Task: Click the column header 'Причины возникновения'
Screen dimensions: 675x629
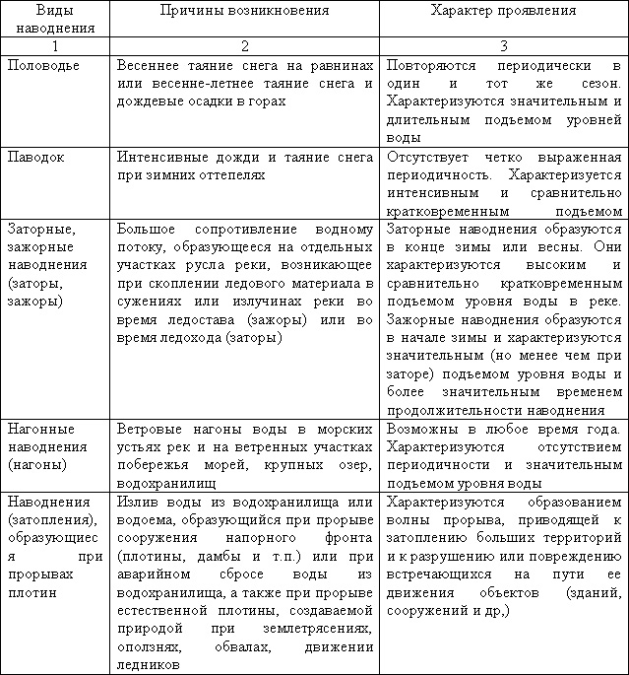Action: [244, 10]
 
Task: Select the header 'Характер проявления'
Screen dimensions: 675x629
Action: [504, 10]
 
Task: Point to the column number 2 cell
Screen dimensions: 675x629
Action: [244, 45]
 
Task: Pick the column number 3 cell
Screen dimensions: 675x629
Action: [504, 45]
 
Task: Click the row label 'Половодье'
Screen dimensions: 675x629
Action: [44, 64]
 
